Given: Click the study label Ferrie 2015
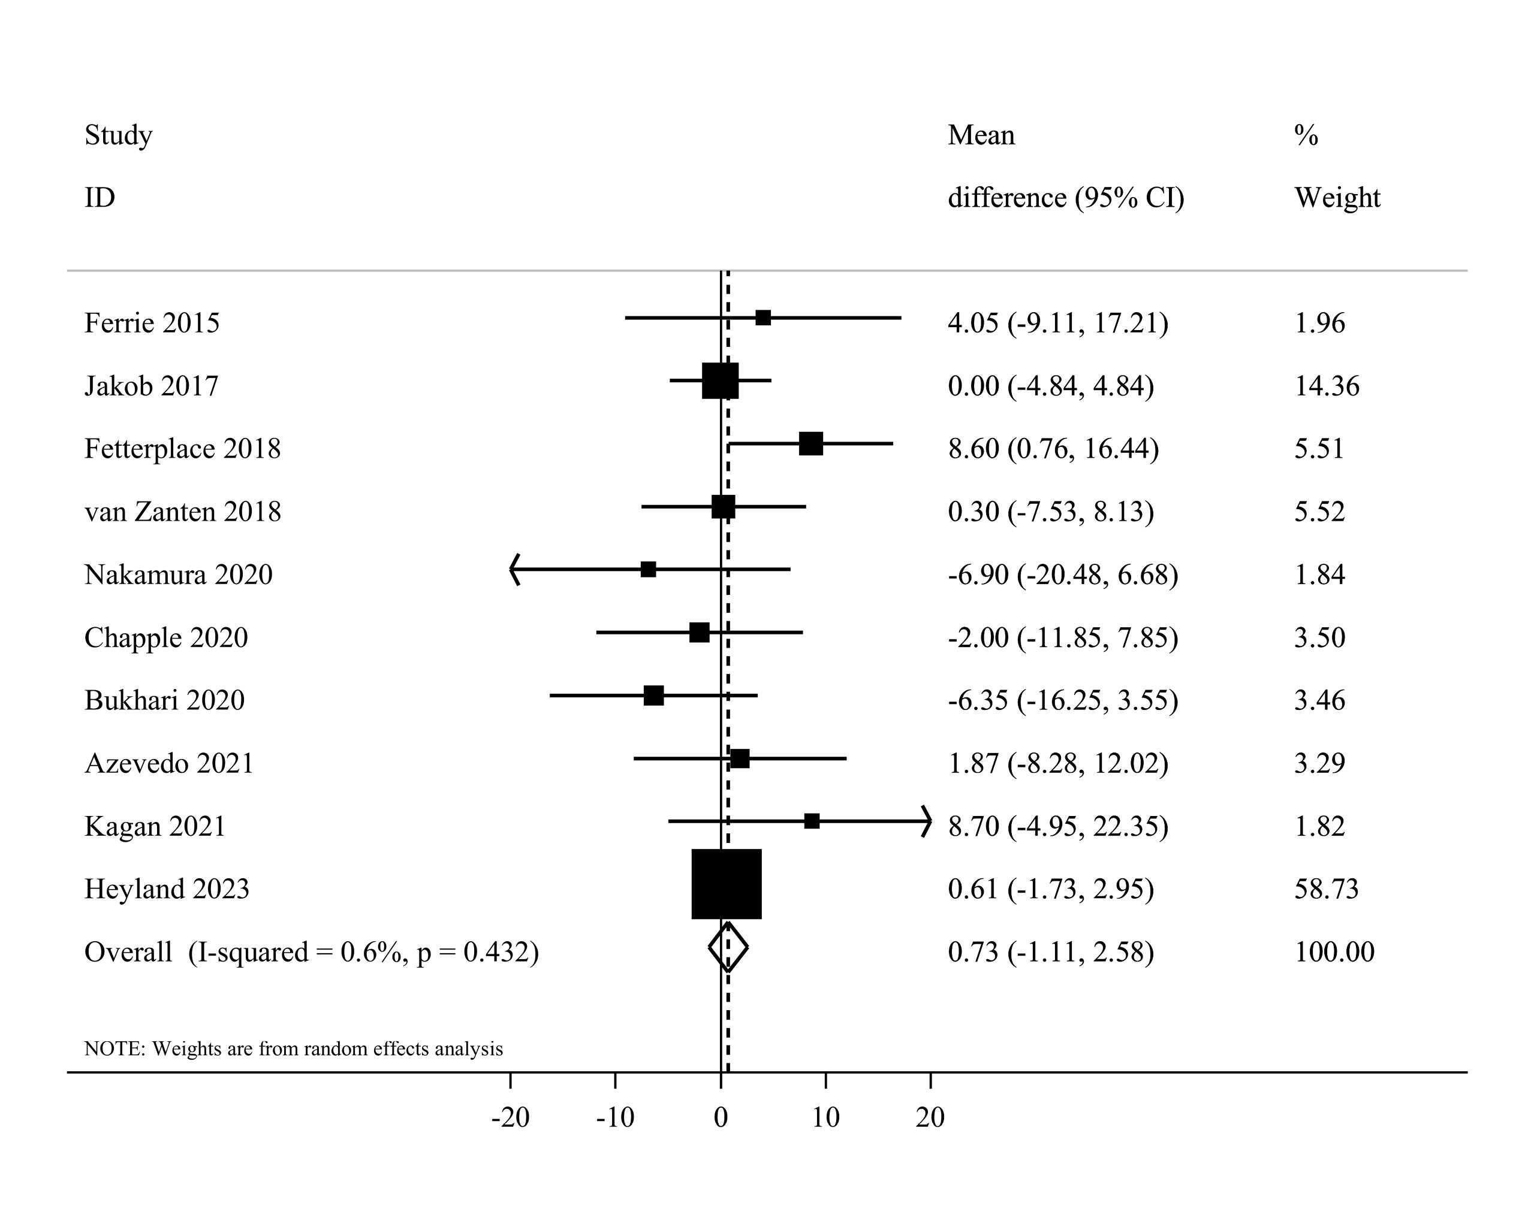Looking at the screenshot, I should tap(152, 323).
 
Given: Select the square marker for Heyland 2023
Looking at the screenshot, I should tap(727, 884).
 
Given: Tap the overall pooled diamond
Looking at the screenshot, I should tap(728, 947).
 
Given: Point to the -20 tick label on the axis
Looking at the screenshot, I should tap(510, 1118).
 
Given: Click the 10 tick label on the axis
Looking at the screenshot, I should tap(825, 1118).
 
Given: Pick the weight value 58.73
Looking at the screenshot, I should tap(1326, 889).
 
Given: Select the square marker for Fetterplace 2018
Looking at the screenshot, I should tap(811, 444).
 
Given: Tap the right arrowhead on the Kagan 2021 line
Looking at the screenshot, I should tap(926, 821).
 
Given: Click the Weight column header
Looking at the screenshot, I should tap(1337, 198).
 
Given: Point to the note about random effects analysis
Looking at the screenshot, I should tap(294, 1048).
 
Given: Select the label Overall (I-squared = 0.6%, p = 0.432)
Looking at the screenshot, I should tap(311, 952).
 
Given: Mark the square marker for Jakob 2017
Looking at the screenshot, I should tap(720, 381).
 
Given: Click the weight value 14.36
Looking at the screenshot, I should tap(1327, 386).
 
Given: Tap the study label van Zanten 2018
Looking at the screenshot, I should tap(183, 512).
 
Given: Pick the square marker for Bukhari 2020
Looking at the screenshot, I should tap(653, 695).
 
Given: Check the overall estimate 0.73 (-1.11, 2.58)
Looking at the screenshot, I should tap(1050, 952).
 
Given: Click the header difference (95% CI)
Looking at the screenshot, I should tap(1065, 198).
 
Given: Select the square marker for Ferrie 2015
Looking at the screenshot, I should tap(763, 318).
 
